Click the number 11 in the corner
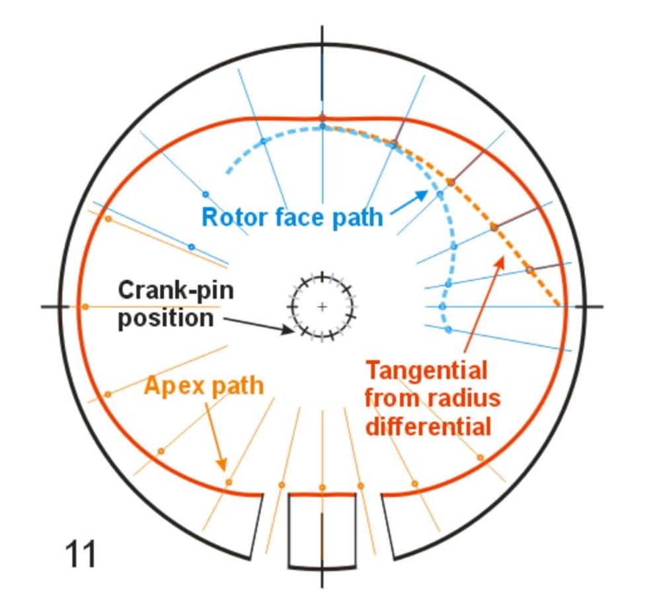[81, 553]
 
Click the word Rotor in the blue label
[229, 217]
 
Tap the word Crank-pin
[176, 290]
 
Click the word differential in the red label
[428, 426]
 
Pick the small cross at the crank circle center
[322, 306]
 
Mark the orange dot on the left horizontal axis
[85, 306]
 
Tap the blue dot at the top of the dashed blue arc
[323, 125]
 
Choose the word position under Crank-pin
[166, 318]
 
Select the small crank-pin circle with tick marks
[322, 306]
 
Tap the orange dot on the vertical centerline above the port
[322, 487]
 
